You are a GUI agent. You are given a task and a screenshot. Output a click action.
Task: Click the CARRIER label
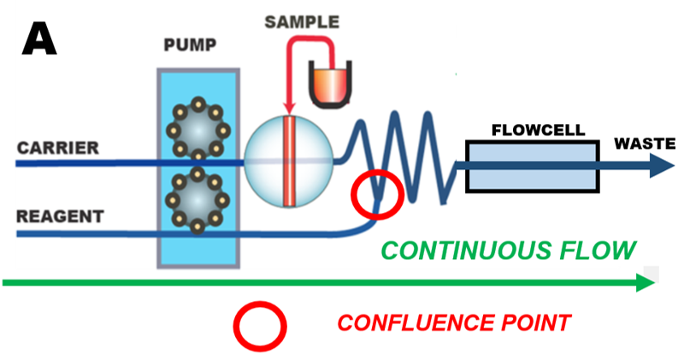coord(57,149)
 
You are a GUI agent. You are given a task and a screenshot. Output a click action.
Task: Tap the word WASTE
coord(645,143)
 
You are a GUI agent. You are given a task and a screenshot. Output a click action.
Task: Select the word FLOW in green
coord(604,251)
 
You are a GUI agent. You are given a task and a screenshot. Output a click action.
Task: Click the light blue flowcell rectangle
coord(531,165)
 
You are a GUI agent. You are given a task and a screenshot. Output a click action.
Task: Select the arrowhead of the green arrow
coord(644,283)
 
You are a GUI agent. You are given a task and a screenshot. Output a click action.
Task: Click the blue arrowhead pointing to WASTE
coord(662,166)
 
